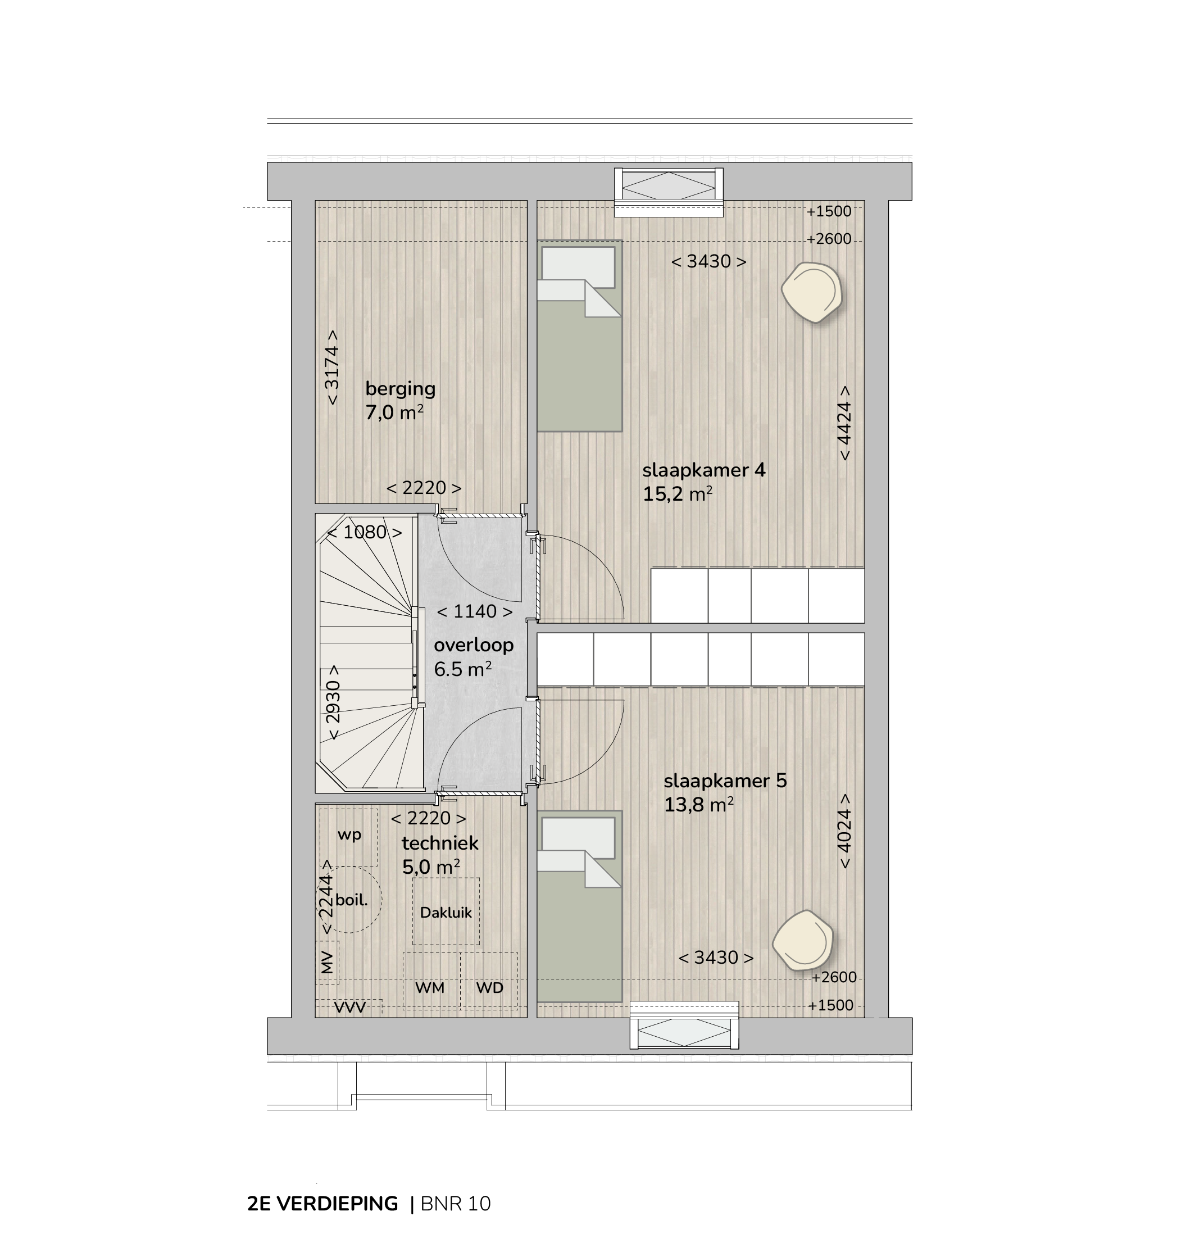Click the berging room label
click(x=400, y=389)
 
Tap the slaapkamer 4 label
click(x=704, y=470)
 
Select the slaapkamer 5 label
click(x=725, y=781)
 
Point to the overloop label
click(x=474, y=645)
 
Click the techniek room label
click(x=440, y=843)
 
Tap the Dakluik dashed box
click(x=446, y=911)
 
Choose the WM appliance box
click(x=431, y=981)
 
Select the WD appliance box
click(x=489, y=981)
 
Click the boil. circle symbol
click(x=350, y=899)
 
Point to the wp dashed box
click(x=349, y=837)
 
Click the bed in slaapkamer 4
click(x=579, y=335)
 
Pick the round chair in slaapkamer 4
click(x=811, y=292)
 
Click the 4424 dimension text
click(x=844, y=423)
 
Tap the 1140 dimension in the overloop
click(x=475, y=611)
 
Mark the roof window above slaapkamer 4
click(x=669, y=192)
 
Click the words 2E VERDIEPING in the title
click(x=322, y=1204)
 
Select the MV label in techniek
click(x=327, y=963)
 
